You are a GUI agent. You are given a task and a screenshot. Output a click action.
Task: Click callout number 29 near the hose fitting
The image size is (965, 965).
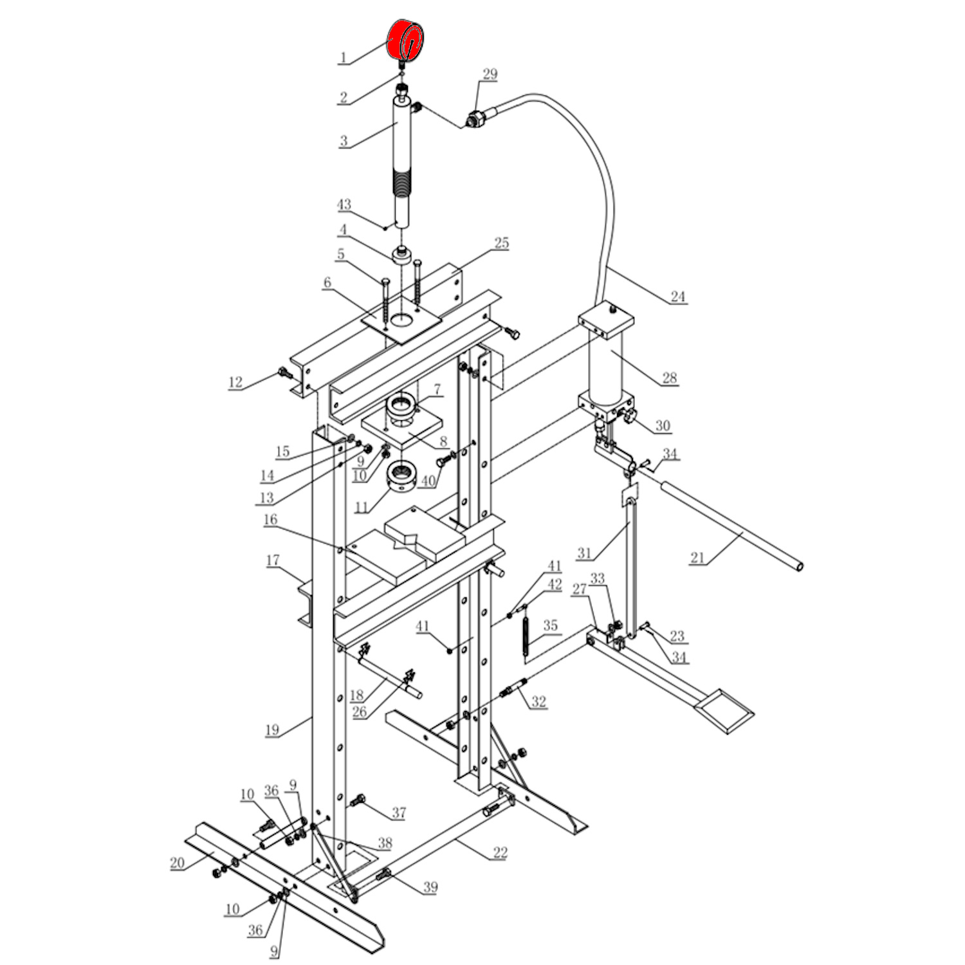point(490,74)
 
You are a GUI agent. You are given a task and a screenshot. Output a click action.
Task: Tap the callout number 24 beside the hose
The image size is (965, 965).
point(678,297)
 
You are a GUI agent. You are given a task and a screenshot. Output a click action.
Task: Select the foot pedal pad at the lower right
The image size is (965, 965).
point(725,710)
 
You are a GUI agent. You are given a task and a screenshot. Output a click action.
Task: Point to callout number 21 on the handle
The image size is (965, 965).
point(697,558)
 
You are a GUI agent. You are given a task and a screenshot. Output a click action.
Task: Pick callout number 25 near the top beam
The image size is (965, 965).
point(501,243)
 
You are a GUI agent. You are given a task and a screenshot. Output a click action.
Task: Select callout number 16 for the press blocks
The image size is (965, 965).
point(270,519)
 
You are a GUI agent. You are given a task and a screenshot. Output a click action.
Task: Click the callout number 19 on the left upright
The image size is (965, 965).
point(271,730)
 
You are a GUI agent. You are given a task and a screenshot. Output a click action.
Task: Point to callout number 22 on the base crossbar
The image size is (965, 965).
point(500,853)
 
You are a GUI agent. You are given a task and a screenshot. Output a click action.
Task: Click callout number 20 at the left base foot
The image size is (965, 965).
point(178,863)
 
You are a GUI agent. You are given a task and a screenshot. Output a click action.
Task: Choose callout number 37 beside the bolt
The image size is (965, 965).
point(399,813)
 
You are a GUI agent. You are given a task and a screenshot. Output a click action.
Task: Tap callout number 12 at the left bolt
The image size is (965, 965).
point(235,382)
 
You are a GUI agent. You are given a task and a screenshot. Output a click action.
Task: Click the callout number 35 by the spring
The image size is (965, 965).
point(550,625)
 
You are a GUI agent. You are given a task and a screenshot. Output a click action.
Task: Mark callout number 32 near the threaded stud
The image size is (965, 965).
point(538,702)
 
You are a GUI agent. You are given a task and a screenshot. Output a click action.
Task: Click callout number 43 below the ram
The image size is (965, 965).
point(344,205)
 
